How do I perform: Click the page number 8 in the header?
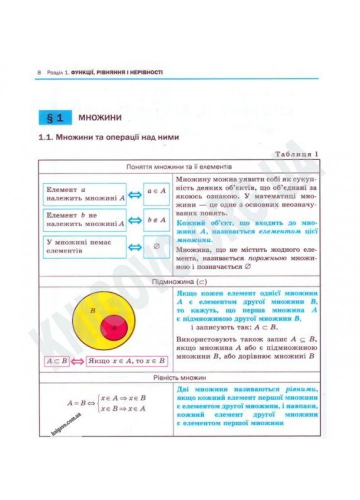click(39, 72)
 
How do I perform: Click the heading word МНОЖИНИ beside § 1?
click(100, 118)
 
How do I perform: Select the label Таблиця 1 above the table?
click(297, 154)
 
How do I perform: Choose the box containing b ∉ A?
click(156, 220)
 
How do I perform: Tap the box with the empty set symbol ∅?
click(156, 246)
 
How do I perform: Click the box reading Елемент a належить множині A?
click(84, 194)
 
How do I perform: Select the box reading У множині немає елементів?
click(84, 246)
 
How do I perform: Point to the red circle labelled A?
click(114, 327)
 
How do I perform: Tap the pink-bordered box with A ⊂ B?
click(56, 360)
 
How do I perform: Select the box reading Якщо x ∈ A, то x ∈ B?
click(127, 360)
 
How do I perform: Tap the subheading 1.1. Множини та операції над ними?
click(108, 137)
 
